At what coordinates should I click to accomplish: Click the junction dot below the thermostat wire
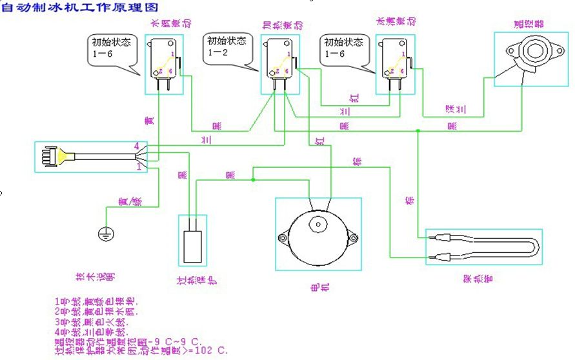[418, 131]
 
